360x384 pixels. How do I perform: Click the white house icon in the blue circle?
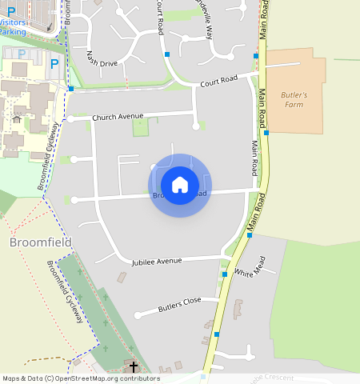coord(180,185)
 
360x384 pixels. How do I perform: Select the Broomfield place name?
coord(41,242)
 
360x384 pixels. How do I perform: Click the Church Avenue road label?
coord(118,117)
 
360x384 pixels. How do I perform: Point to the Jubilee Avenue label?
coord(157,261)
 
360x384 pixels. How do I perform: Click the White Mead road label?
coord(244,273)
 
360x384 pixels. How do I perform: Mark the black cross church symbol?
coord(134,367)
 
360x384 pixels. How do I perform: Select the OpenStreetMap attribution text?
coord(81,378)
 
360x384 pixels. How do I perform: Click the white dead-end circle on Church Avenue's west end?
coord(71,118)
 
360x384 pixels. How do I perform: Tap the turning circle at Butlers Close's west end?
coord(138,314)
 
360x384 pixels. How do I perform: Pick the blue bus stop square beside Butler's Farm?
coord(266,133)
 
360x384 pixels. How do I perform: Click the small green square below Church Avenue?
coord(141,126)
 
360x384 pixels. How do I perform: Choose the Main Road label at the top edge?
coord(262,19)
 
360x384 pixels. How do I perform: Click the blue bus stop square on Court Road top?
coord(167,54)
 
